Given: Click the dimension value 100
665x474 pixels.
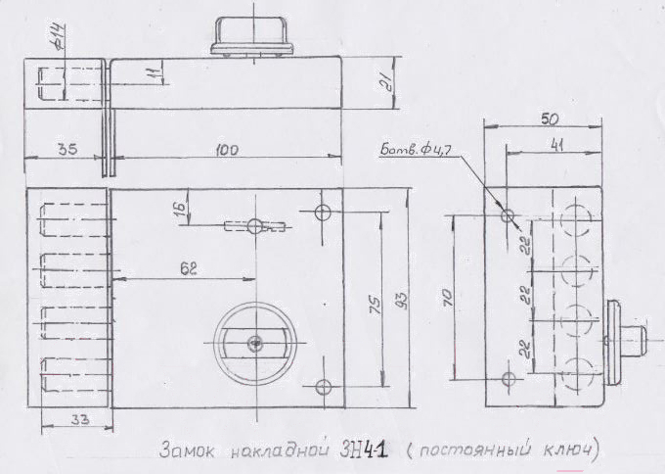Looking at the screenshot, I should (227, 150).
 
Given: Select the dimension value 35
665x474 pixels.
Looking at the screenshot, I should (67, 150).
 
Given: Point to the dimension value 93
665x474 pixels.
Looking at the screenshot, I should (402, 297).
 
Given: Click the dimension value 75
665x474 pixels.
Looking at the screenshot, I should (372, 305).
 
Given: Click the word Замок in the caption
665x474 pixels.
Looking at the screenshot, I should (187, 452).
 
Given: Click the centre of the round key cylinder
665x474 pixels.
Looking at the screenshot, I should (254, 341).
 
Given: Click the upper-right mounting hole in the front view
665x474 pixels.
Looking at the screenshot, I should (324, 212).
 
